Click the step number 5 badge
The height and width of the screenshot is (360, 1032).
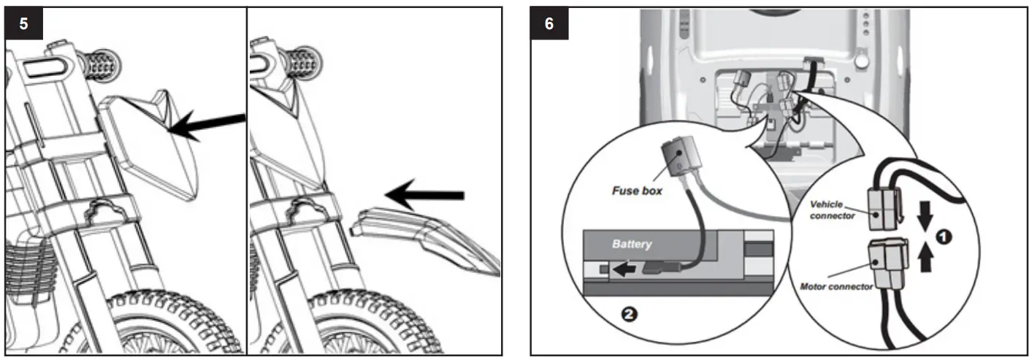pos(24,23)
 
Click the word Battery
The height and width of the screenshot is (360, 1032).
pos(632,244)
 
